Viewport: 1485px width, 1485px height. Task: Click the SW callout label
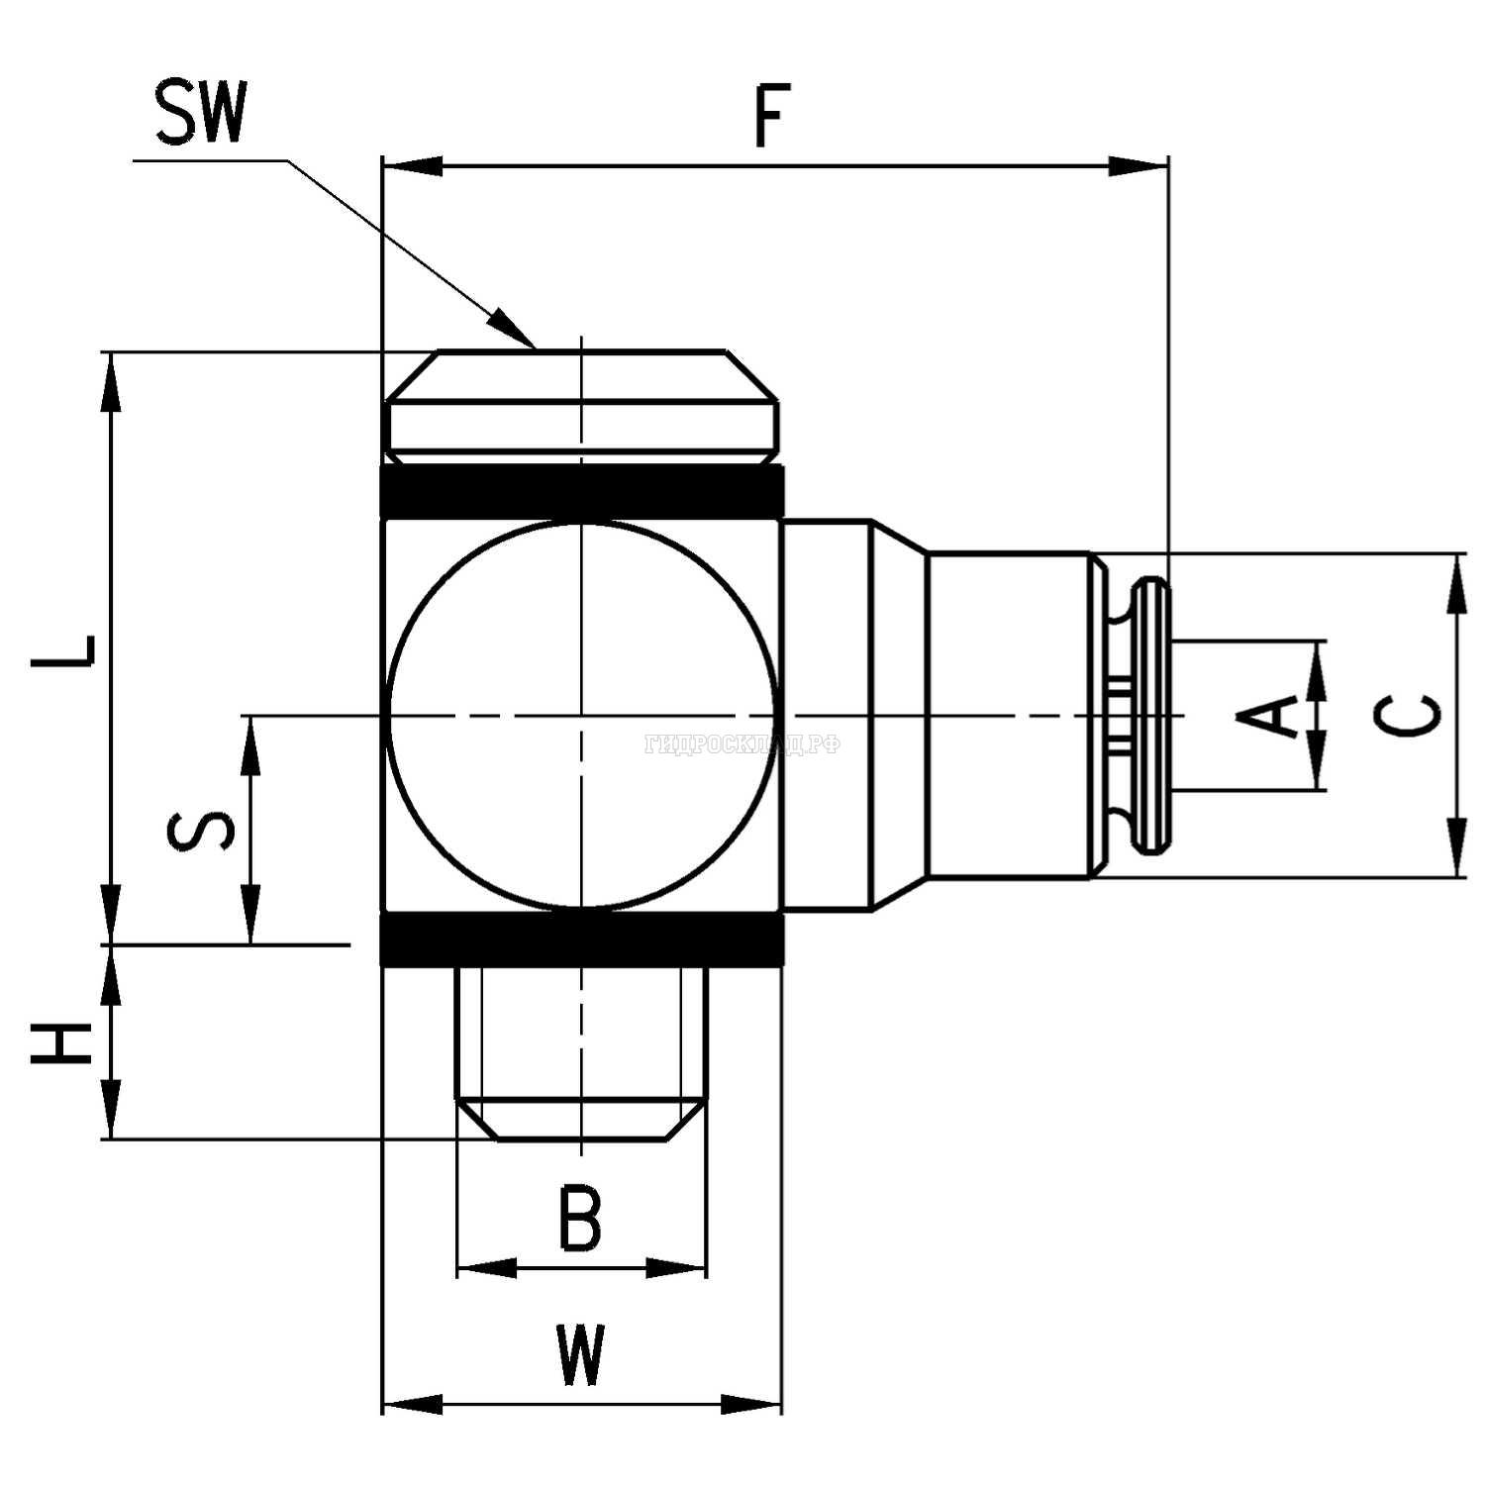click(x=200, y=113)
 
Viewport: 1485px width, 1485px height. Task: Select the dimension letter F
click(x=771, y=117)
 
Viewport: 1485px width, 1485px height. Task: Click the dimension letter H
click(x=62, y=1043)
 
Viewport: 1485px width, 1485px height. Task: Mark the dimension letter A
click(x=1269, y=716)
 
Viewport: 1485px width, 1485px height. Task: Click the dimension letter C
click(x=1410, y=715)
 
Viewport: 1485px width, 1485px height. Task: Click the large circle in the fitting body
click(x=581, y=714)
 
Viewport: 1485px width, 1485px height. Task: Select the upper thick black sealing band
click(x=582, y=491)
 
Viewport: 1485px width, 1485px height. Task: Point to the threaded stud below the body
click(x=581, y=1049)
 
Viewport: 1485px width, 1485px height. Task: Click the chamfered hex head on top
click(x=582, y=406)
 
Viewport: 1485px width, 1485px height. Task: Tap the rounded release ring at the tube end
click(x=1152, y=715)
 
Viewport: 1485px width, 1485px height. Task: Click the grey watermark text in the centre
click(x=742, y=744)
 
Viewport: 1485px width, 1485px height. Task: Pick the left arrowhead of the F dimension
click(x=410, y=166)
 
